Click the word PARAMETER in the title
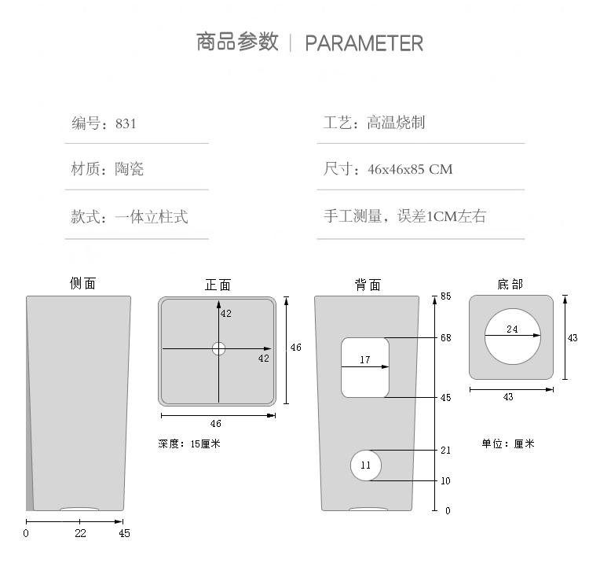[364, 43]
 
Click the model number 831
[126, 123]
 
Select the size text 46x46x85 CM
[410, 169]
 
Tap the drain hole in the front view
[218, 348]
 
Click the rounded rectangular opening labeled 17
[365, 367]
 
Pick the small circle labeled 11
[366, 465]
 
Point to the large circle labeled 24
[512, 337]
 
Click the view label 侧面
[82, 283]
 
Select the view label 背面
[367, 285]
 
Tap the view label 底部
[510, 284]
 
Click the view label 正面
[218, 285]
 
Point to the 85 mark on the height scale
[445, 296]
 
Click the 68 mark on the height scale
[445, 338]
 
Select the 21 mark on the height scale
[445, 451]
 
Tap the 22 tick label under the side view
[80, 533]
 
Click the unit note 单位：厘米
[508, 443]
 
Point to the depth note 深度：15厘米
[189, 443]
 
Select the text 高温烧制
[396, 123]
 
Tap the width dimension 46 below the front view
[216, 424]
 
